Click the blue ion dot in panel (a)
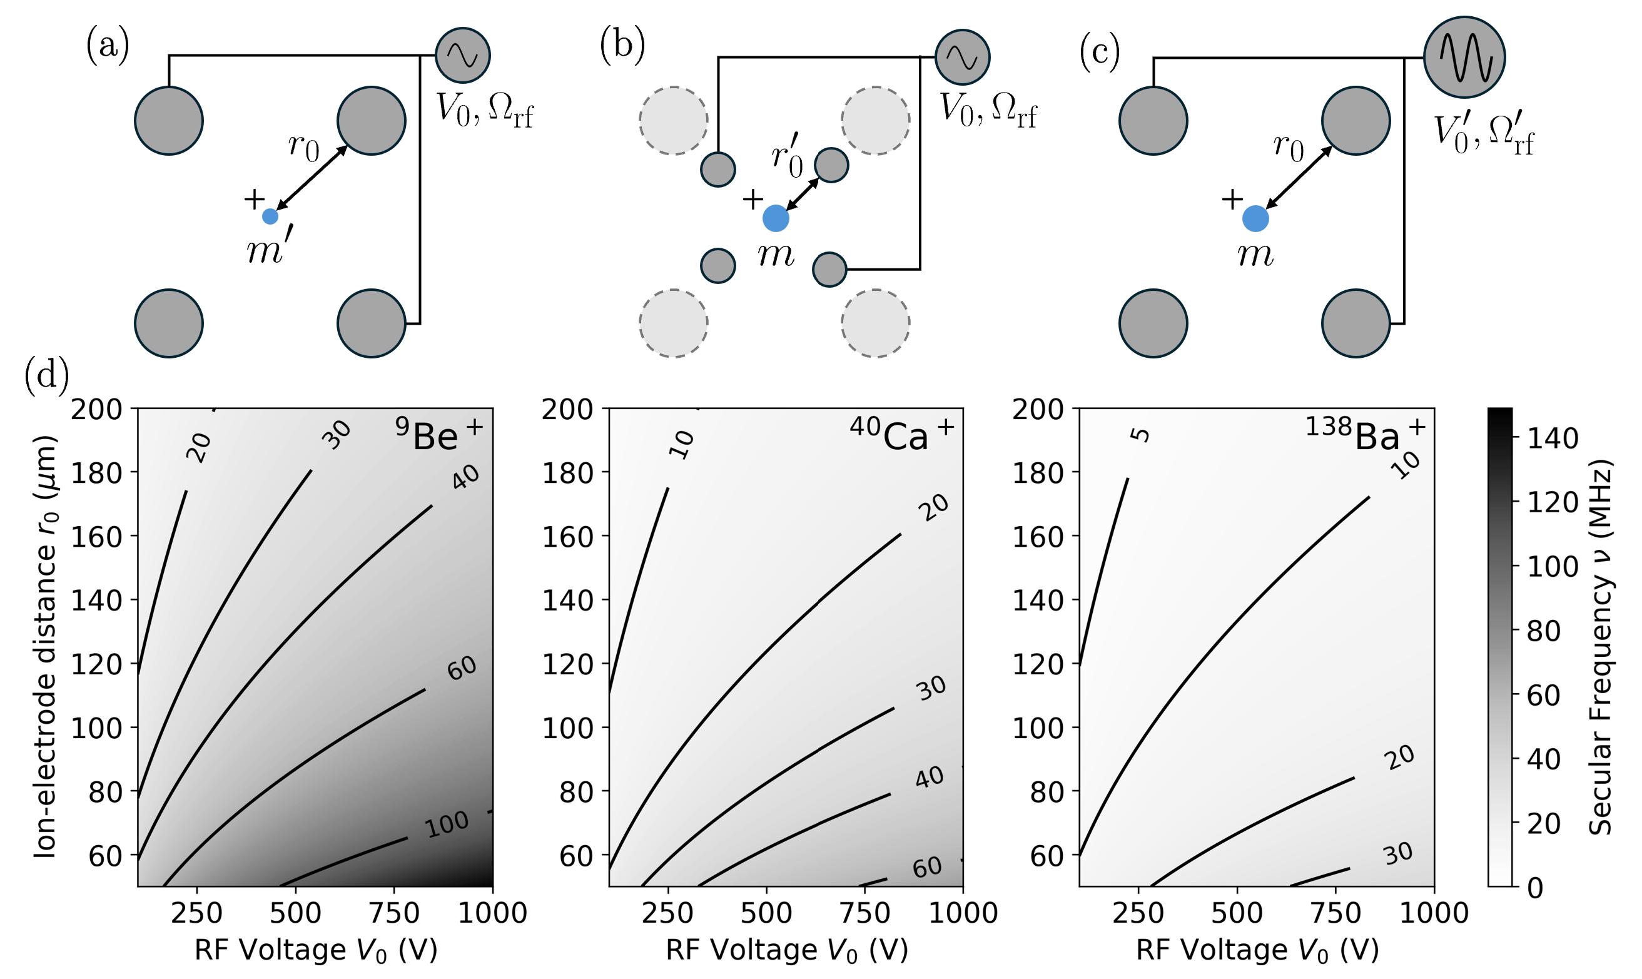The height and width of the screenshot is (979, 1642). coord(270,216)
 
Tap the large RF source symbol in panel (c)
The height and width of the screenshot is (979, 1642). coord(1464,57)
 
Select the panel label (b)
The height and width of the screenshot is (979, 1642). coord(621,46)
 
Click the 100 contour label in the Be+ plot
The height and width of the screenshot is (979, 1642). coord(447,824)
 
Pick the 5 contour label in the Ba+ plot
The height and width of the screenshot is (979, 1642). coord(1140,435)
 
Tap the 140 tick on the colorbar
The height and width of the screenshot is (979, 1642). coord(1553,439)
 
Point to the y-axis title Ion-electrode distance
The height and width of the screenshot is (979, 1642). coord(45,646)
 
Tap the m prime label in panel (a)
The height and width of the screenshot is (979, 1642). coord(266,250)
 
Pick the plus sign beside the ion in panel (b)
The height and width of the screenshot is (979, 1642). coord(753,199)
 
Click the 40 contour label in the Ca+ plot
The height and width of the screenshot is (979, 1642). coord(929,778)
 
